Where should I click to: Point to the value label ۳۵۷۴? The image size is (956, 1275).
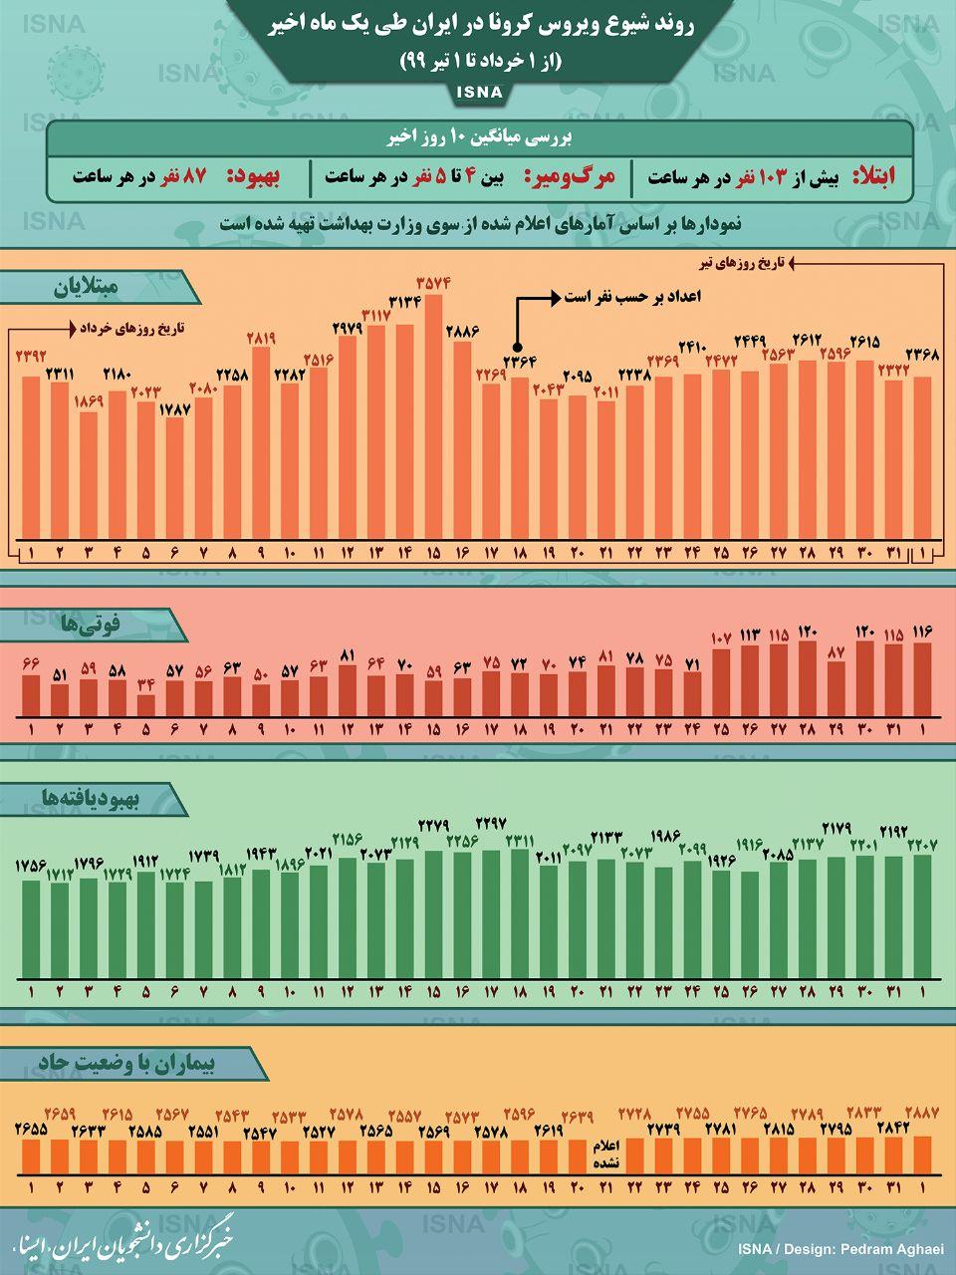click(x=434, y=283)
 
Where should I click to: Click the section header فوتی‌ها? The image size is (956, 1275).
click(x=91, y=625)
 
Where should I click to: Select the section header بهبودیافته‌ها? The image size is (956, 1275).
click(x=91, y=797)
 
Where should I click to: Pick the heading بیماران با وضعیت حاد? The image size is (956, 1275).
click(x=129, y=1063)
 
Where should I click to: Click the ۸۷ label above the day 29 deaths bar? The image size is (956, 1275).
click(x=836, y=651)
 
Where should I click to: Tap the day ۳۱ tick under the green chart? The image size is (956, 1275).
click(x=894, y=992)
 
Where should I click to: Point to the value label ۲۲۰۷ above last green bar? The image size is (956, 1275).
click(x=922, y=845)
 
